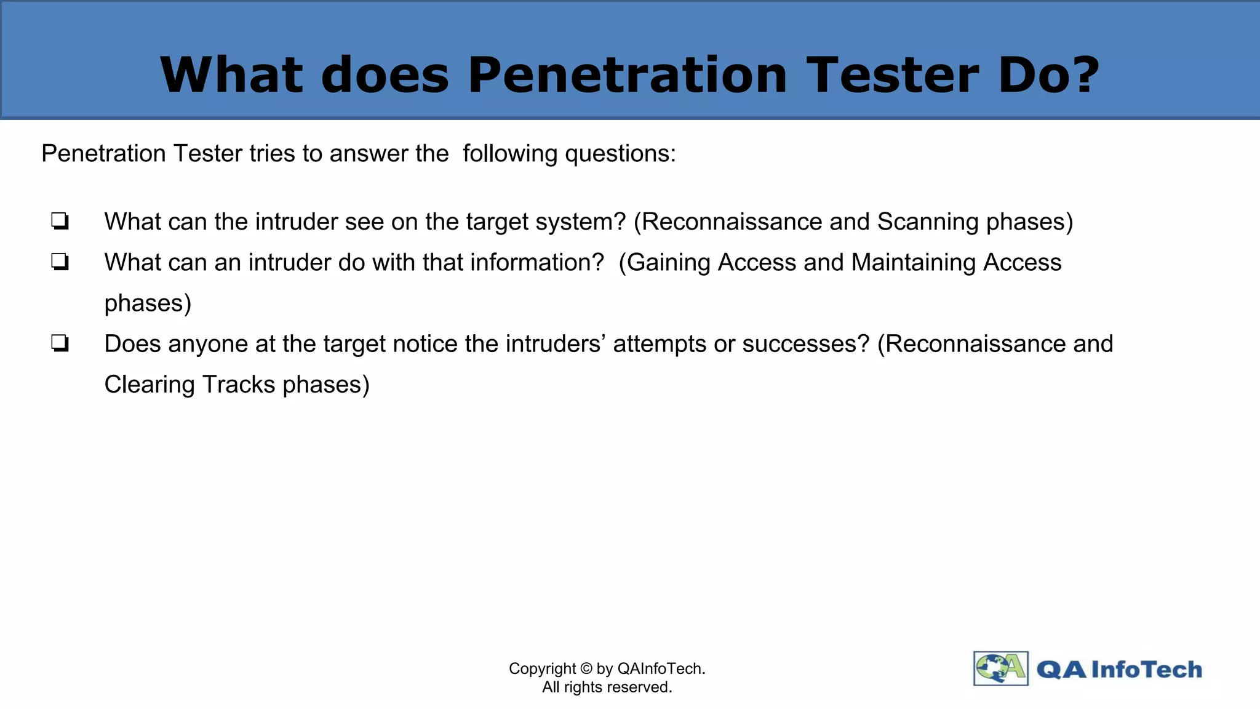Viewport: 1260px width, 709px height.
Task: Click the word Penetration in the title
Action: tap(627, 75)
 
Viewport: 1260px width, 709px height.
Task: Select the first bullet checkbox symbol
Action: tap(60, 221)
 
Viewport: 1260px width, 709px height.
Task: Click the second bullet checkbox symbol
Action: tap(60, 262)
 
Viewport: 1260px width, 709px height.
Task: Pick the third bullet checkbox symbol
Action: tap(60, 343)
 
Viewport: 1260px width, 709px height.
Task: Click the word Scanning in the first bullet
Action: tap(928, 222)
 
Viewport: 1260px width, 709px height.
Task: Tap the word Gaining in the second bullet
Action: tap(669, 263)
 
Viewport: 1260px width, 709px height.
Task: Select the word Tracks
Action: tap(239, 385)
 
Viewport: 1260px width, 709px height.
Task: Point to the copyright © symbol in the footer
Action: tap(586, 669)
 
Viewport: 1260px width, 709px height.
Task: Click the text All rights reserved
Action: tap(607, 687)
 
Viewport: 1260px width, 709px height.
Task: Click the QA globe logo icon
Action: tap(1000, 668)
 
